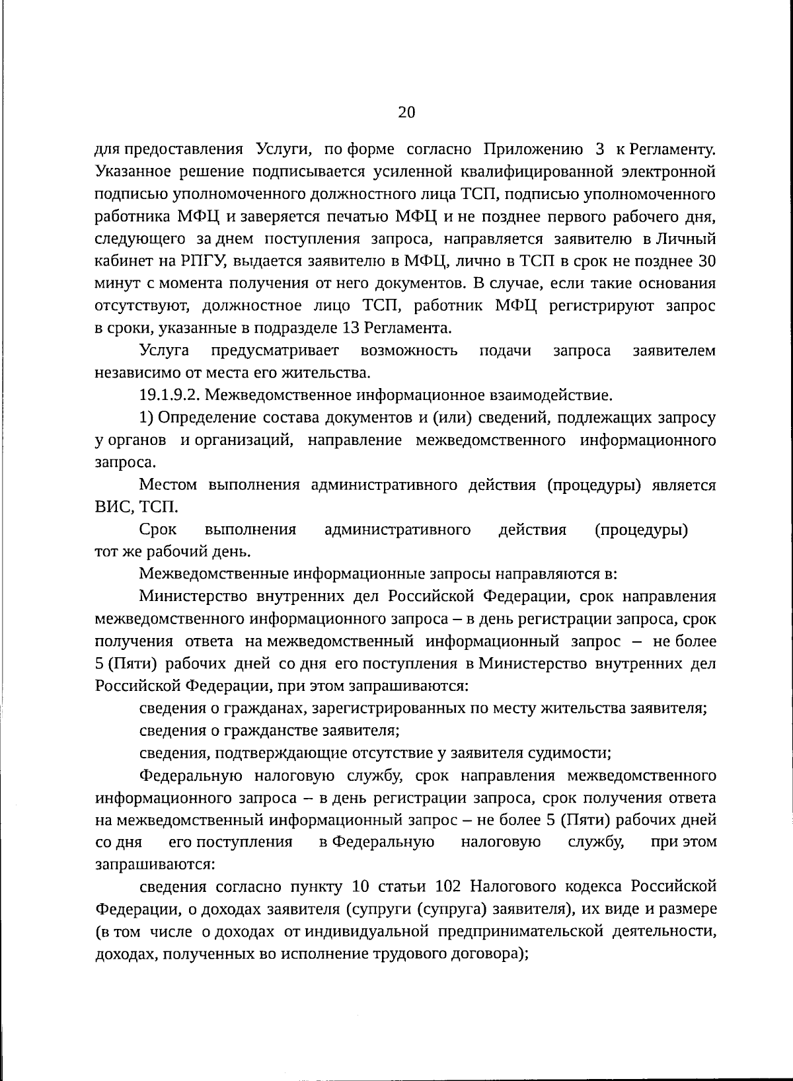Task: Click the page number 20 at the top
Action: click(x=406, y=112)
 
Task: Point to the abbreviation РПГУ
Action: click(x=204, y=261)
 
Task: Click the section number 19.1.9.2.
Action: click(x=172, y=395)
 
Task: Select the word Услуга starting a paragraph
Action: click(x=165, y=350)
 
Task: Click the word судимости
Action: click(x=574, y=753)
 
